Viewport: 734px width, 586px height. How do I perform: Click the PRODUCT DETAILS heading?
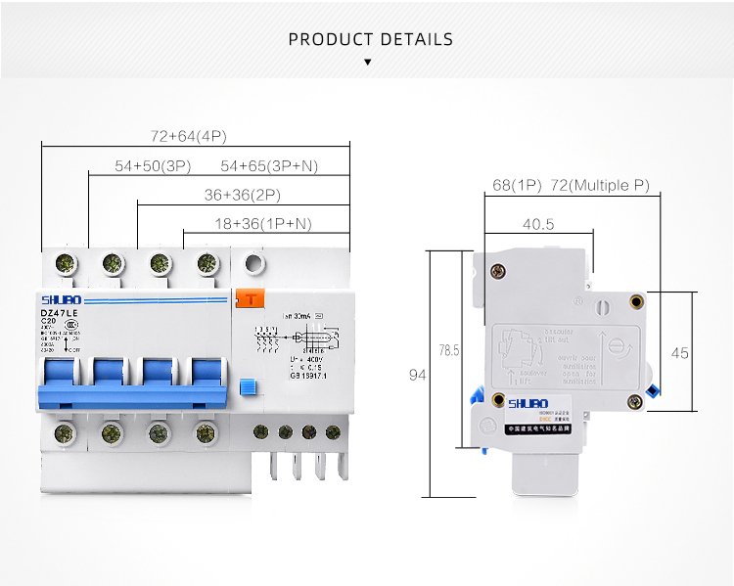pos(371,40)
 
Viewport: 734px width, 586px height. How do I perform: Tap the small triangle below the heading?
pos(367,62)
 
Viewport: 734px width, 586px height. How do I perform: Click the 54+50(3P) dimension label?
pos(152,166)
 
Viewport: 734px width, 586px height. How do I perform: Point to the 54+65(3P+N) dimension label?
pos(283,166)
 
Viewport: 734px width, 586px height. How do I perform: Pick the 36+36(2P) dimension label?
pos(243,195)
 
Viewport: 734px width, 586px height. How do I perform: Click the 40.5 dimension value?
pos(538,224)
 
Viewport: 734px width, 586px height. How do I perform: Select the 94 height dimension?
pos(417,374)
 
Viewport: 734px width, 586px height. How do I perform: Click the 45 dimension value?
pos(679,351)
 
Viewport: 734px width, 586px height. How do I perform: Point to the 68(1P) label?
pos(516,185)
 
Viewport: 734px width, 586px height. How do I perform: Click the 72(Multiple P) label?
pos(600,185)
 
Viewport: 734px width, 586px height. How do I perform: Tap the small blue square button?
pos(247,387)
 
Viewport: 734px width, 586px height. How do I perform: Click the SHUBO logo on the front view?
pos(60,298)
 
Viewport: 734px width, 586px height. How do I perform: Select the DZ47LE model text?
pos(58,311)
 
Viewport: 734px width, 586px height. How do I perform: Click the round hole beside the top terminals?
pos(252,263)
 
